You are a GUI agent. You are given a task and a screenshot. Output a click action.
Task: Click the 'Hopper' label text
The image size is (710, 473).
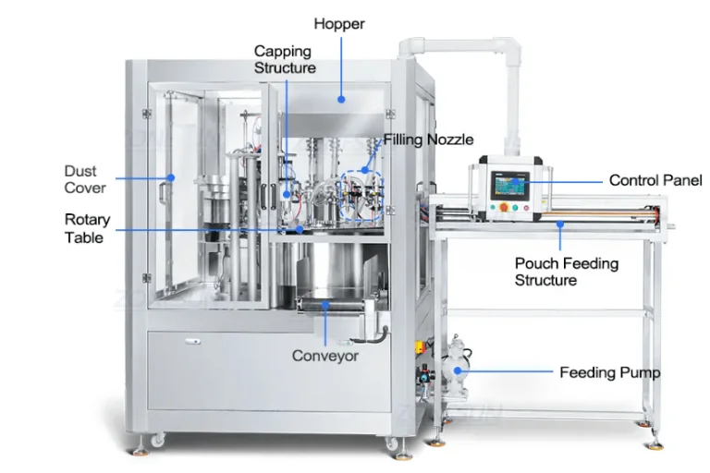339,24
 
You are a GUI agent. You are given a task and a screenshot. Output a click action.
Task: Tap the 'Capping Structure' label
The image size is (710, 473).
285,59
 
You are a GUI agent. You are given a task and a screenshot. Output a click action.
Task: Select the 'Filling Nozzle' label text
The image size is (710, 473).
428,139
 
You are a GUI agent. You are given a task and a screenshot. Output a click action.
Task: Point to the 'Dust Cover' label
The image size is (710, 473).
85,179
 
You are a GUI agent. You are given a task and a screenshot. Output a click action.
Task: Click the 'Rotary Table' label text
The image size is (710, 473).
88,228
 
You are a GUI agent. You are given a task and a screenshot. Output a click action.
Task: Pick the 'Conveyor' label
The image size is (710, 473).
325,356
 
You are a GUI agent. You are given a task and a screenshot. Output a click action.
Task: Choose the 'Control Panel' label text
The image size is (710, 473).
655,180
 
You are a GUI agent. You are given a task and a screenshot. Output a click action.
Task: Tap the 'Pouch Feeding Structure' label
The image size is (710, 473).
567,272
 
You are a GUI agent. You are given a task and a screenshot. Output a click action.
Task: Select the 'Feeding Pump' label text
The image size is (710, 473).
610,372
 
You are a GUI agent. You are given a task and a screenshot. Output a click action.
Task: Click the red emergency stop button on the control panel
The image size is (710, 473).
504,208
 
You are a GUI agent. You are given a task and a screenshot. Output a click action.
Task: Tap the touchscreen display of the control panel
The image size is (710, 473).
512,186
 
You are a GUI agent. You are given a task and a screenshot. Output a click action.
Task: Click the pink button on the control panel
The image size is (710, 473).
526,208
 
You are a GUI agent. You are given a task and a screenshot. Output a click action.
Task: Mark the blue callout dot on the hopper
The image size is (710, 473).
341,99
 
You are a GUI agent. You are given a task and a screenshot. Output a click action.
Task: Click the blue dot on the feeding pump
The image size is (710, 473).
458,370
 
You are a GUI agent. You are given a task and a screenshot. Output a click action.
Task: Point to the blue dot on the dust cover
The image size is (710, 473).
171,177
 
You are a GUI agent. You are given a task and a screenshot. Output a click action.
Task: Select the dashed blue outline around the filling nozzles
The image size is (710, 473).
362,196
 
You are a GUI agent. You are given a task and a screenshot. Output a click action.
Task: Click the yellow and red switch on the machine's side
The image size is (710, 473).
420,347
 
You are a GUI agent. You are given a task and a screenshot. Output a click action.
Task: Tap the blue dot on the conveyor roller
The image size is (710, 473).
325,305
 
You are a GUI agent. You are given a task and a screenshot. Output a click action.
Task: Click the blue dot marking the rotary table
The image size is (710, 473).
300,229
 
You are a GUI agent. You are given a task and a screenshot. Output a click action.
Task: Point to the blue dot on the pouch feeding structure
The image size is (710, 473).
560,224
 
